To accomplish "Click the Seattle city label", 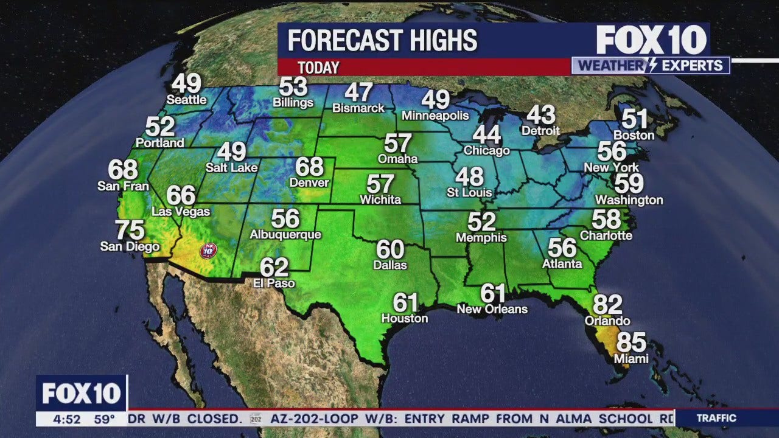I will click(187, 99).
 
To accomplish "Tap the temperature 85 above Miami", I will click(631, 342).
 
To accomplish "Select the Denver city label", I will click(309, 182).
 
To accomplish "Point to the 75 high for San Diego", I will click(130, 230).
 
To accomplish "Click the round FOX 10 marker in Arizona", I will click(208, 249).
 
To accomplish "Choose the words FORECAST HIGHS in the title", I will click(382, 41).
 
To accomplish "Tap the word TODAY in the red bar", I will click(318, 68).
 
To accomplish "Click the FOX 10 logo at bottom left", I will click(82, 394).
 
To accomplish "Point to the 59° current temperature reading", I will click(104, 419).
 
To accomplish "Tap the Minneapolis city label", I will click(435, 116).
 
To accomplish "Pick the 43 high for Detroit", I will click(541, 114).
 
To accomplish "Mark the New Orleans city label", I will click(492, 309).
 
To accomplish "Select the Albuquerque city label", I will click(285, 234).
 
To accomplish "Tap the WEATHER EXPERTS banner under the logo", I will click(651, 66).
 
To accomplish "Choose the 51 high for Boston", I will click(634, 117).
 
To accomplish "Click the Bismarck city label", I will click(358, 108).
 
